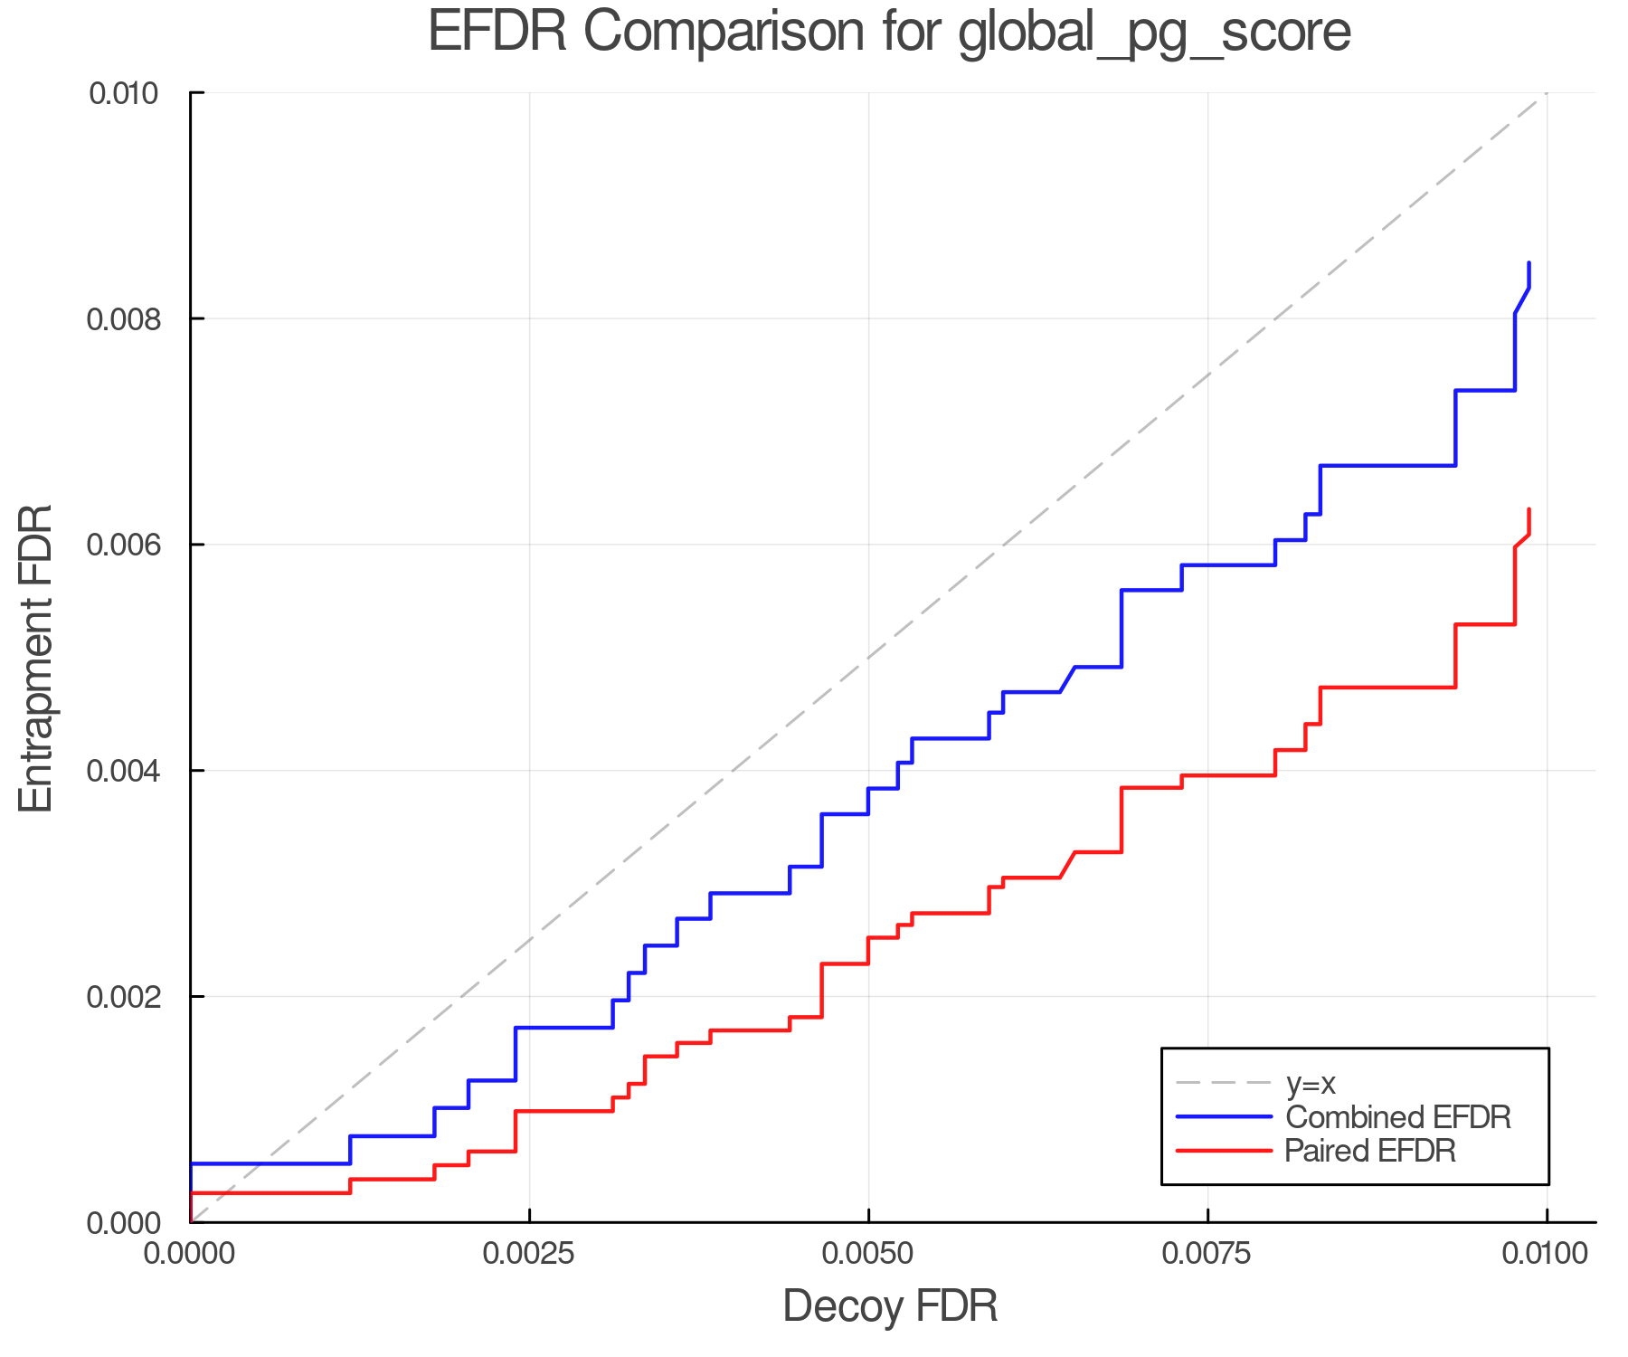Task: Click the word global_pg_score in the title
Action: click(1153, 34)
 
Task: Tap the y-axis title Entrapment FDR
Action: click(36, 658)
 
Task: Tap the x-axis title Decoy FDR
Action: click(890, 1306)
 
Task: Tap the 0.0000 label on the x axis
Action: click(190, 1254)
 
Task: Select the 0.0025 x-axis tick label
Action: click(529, 1254)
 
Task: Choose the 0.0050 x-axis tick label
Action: click(868, 1254)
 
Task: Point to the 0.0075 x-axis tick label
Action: click(1207, 1254)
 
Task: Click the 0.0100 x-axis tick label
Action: click(1546, 1254)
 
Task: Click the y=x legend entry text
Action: click(1311, 1083)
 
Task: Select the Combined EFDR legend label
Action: click(1397, 1117)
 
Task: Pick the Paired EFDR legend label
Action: click(1370, 1151)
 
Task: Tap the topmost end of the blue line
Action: click(1529, 263)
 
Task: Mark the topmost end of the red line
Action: click(1529, 509)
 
